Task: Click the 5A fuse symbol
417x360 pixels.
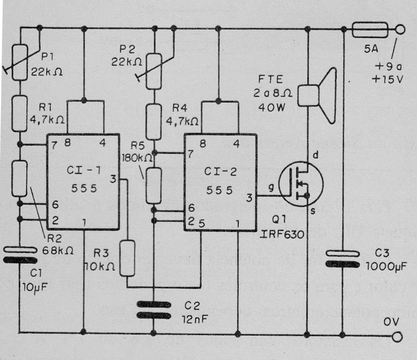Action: pyautogui.click(x=370, y=29)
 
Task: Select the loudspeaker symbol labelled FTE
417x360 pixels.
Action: pyautogui.click(x=317, y=96)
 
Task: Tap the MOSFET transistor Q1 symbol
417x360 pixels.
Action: pyautogui.click(x=301, y=183)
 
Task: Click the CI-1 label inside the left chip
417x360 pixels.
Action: pyautogui.click(x=84, y=170)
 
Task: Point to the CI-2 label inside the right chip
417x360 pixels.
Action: pyautogui.click(x=220, y=172)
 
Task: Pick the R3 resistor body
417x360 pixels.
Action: pyautogui.click(x=127, y=258)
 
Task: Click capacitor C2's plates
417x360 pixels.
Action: pyautogui.click(x=154, y=310)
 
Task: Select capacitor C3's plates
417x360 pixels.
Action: pyautogui.click(x=343, y=259)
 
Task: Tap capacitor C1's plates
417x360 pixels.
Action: pyautogui.click(x=20, y=255)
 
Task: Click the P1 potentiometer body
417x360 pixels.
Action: pyautogui.click(x=20, y=62)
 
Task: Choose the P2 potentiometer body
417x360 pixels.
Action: pyautogui.click(x=154, y=71)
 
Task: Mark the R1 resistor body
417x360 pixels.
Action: pyautogui.click(x=20, y=114)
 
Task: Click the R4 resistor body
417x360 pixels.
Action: pyautogui.click(x=154, y=122)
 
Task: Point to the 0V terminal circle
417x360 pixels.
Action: pyautogui.click(x=397, y=337)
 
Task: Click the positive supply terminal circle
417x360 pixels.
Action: pyautogui.click(x=400, y=29)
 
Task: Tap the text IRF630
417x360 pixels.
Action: pyautogui.click(x=282, y=234)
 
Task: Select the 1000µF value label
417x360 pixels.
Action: pyautogui.click(x=387, y=267)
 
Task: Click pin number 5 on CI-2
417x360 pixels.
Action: pyautogui.click(x=202, y=223)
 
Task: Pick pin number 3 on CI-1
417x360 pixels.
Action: pyautogui.click(x=113, y=179)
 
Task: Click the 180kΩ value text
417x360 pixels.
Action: pyautogui.click(x=137, y=158)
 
